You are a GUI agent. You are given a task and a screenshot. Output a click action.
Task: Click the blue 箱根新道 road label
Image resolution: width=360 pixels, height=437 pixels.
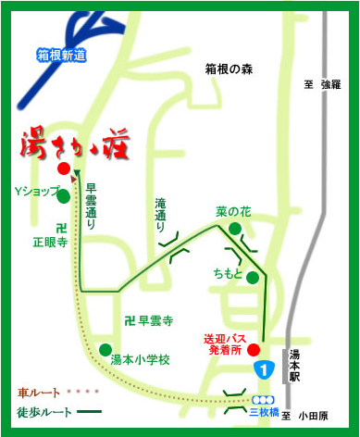61,56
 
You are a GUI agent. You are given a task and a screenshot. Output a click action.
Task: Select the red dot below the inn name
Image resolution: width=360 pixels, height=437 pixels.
63,169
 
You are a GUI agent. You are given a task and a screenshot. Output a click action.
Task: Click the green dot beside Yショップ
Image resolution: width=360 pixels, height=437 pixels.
63,195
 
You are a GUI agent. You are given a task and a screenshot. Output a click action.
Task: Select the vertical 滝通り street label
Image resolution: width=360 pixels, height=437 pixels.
162,214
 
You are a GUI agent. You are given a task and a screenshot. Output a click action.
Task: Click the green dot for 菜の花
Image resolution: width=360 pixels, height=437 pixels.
236,228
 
